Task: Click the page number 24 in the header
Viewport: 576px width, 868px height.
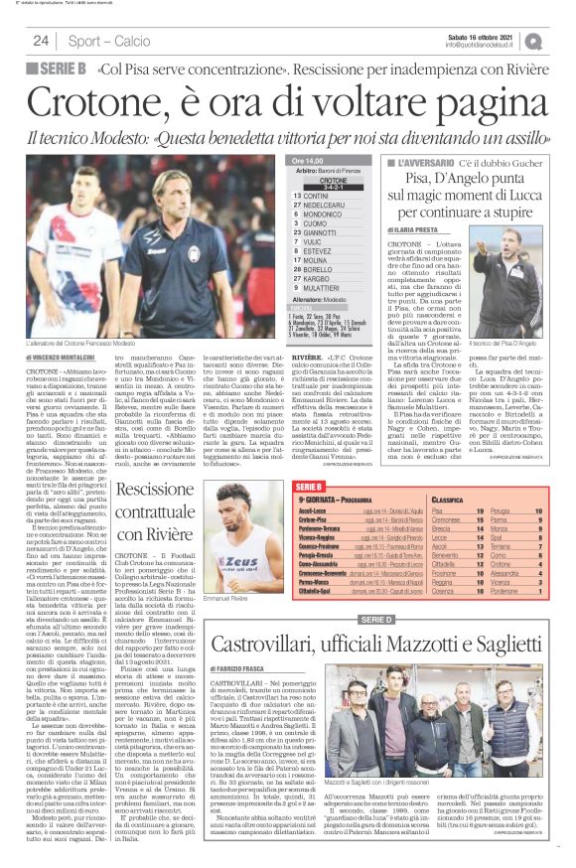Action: pos(41,41)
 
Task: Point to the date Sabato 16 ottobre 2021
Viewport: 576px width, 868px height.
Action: pos(487,36)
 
